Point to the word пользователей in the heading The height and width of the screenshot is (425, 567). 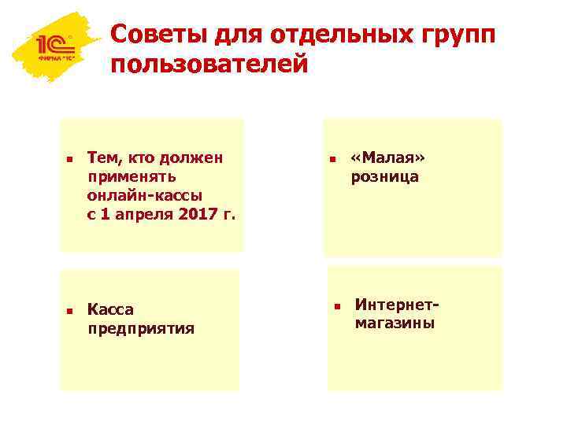[209, 65]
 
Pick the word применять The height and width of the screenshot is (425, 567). [132, 176]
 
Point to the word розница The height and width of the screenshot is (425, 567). [385, 177]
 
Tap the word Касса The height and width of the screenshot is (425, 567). [111, 309]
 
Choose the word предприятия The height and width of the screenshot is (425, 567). [141, 328]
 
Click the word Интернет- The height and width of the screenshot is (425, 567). [396, 304]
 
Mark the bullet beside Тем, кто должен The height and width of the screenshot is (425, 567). [69, 160]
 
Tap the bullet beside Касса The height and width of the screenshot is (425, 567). [69, 311]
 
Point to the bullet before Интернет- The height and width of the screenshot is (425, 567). [335, 305]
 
